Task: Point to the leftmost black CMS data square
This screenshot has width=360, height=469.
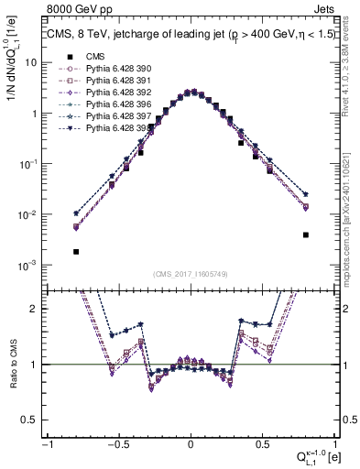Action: (76, 251)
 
